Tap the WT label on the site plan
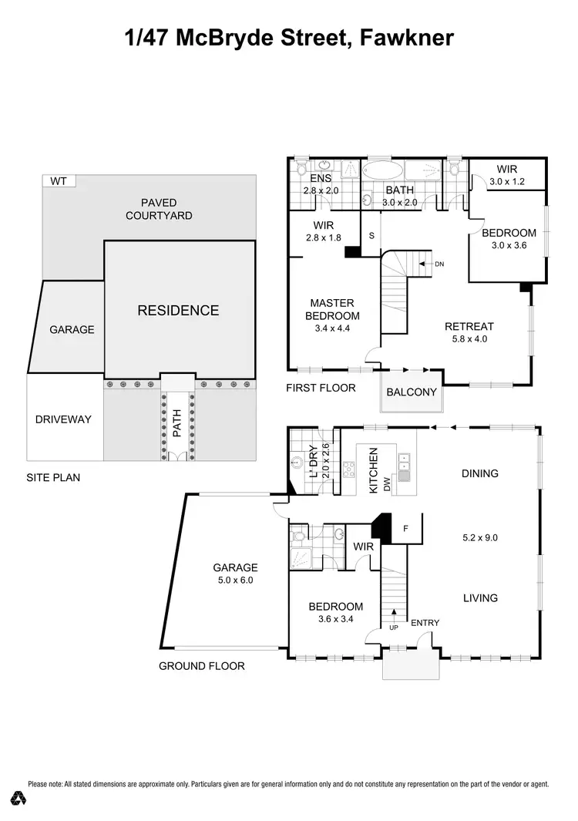pos(58,182)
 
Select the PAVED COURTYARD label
pos(159,210)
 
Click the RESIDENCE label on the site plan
pos(178,311)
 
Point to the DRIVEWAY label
pos(63,420)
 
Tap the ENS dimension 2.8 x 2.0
pos(321,190)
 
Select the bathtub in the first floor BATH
pos(382,169)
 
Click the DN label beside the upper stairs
pos(439,264)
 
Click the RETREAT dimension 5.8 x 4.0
pos(469,338)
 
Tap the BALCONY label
pos(412,392)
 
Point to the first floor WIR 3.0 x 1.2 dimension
pos(506,182)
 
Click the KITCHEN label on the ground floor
pos(374,472)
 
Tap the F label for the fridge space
pos(406,529)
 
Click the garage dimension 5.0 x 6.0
pos(235,580)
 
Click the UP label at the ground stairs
pos(395,628)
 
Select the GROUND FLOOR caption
pos(202,666)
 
